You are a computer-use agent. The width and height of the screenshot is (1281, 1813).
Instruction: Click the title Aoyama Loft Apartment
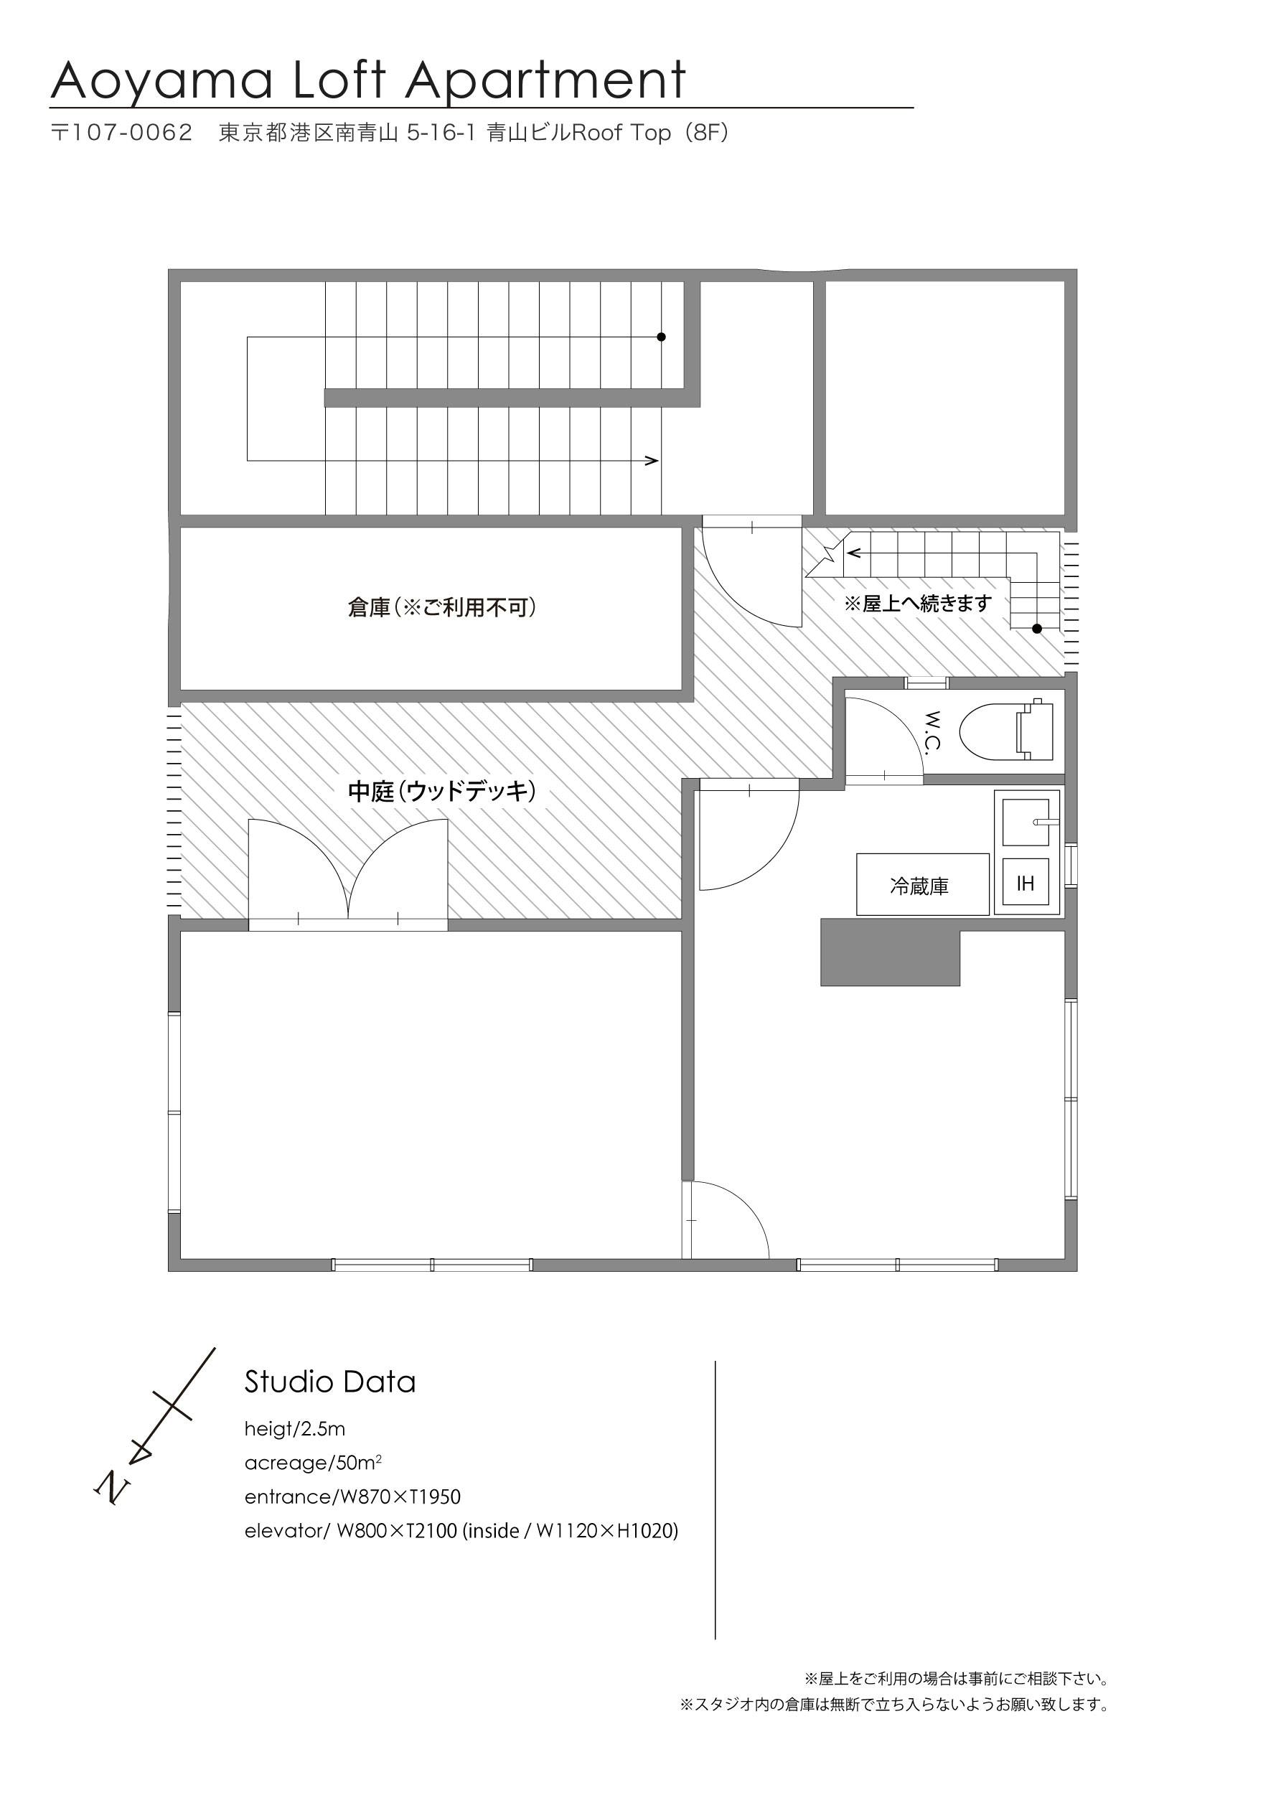(369, 80)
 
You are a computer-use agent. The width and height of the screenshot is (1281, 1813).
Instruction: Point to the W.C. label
(933, 731)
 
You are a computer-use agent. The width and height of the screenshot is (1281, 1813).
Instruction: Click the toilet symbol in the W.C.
(1006, 731)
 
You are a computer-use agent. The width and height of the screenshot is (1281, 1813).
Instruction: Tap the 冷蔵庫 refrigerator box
(922, 884)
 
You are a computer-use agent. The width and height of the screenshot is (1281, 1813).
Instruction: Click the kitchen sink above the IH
(1026, 822)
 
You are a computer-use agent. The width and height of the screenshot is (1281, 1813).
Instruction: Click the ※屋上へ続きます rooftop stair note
(918, 604)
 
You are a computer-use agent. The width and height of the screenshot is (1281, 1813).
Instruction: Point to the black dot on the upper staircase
(661, 337)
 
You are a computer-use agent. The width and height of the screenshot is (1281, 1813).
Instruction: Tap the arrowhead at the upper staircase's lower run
(652, 460)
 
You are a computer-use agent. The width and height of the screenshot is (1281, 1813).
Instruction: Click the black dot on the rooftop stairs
(1037, 629)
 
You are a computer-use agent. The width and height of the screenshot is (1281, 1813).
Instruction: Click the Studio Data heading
(330, 1382)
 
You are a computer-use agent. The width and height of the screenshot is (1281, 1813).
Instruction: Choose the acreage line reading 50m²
(314, 1463)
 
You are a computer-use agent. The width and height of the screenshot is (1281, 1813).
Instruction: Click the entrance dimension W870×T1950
(398, 1497)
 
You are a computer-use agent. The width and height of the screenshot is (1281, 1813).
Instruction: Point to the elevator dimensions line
(462, 1531)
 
